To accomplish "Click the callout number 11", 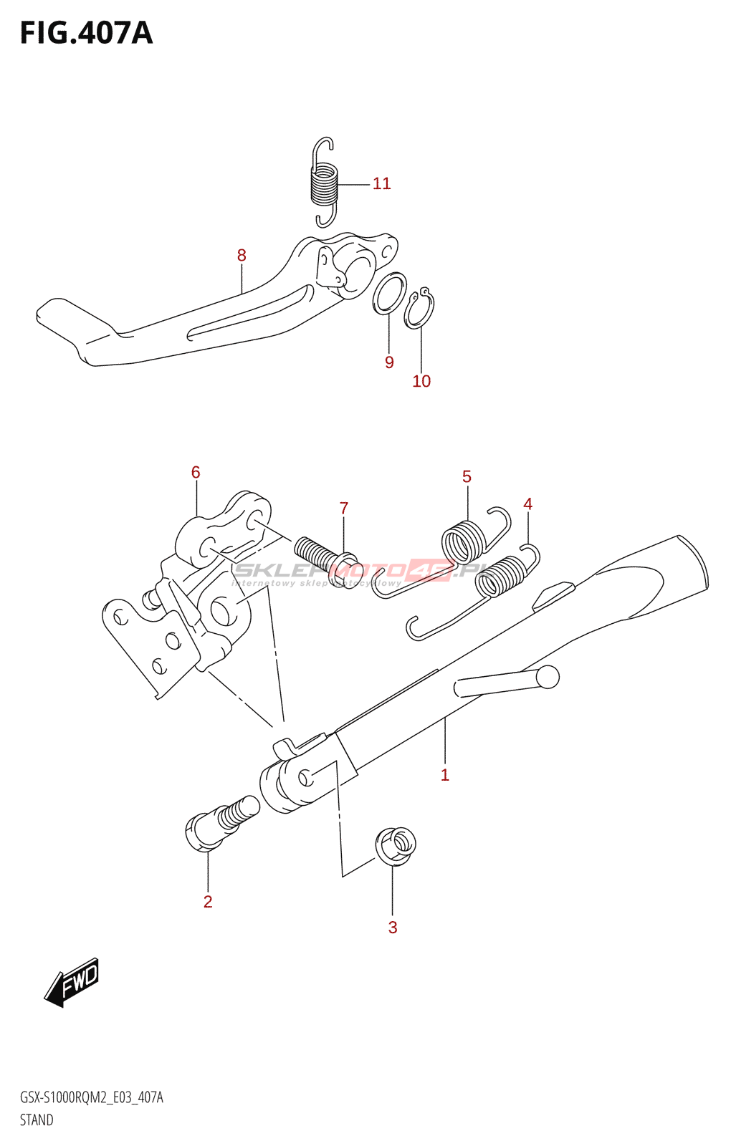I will (381, 184).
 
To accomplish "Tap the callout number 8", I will (242, 256).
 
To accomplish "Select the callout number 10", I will (421, 382).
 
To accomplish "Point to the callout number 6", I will (196, 473).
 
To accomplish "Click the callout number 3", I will (393, 928).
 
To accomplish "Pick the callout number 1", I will (445, 775).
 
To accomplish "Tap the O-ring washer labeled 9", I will (389, 293).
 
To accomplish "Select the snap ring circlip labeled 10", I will (419, 309).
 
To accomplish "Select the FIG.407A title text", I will (86, 34).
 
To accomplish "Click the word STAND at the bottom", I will (37, 1120).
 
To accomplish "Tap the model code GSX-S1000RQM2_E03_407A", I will (92, 1098).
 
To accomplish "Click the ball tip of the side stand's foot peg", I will (548, 677).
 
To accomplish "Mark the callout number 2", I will (208, 902).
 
